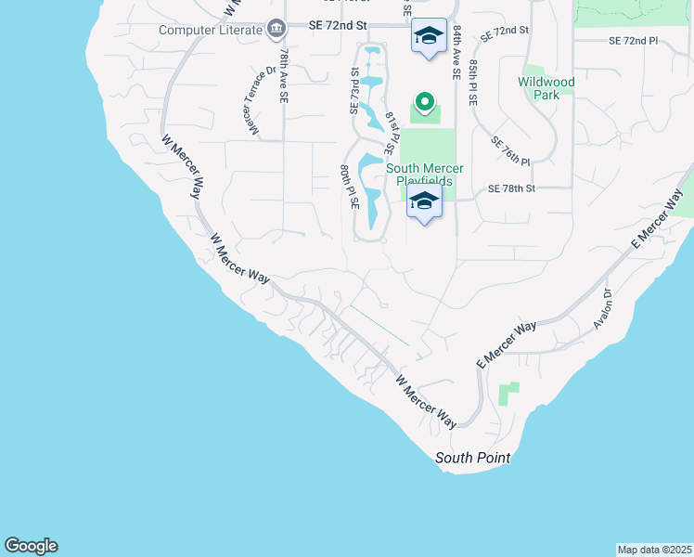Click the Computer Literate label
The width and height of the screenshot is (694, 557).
211,30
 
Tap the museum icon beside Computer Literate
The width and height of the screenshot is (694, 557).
276,30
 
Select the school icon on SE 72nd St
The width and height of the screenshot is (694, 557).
427,37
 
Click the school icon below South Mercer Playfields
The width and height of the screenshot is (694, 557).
424,201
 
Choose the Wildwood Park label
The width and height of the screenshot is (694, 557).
546,88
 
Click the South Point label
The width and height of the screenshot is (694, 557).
472,459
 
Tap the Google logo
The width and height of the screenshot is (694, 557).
31,546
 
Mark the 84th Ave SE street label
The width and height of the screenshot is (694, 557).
458,54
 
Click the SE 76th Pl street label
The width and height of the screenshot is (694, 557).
510,149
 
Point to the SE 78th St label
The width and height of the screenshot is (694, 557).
512,188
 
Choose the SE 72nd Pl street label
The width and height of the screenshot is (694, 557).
633,42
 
